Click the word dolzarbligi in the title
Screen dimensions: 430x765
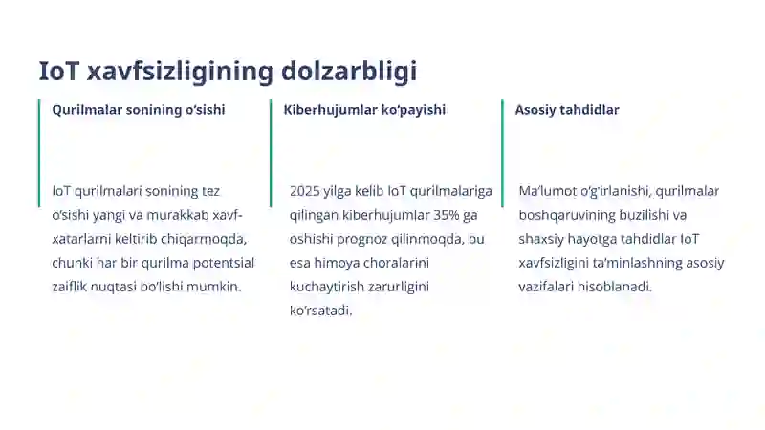click(349, 72)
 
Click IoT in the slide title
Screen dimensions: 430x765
click(58, 72)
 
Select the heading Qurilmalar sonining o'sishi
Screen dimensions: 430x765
click(139, 110)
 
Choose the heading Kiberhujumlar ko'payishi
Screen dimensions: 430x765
click(364, 110)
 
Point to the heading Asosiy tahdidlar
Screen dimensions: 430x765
click(567, 110)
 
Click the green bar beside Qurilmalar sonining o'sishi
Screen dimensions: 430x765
click(39, 153)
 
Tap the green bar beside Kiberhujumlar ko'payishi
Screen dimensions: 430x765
click(271, 153)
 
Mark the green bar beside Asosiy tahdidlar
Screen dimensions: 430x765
click(502, 153)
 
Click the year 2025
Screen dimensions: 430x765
click(305, 191)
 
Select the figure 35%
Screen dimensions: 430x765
click(445, 215)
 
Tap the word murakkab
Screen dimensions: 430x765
click(175, 215)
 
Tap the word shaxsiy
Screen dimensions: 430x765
click(543, 239)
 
